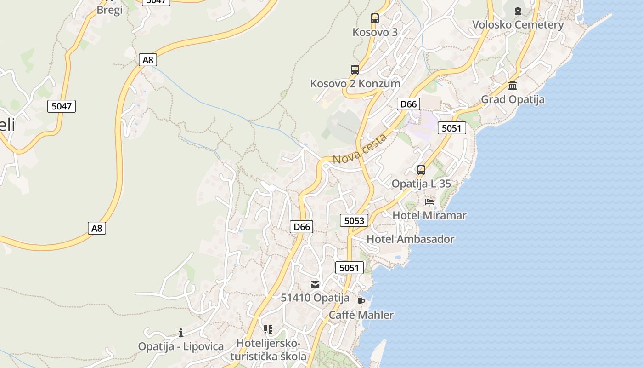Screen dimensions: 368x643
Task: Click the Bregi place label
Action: [x=109, y=10]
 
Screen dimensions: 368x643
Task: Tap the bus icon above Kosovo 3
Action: [x=375, y=18]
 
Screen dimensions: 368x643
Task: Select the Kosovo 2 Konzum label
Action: [x=355, y=84]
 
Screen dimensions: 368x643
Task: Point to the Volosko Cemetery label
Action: [x=518, y=25]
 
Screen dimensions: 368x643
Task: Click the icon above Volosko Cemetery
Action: [x=518, y=11]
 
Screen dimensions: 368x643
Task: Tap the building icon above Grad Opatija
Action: [x=513, y=86]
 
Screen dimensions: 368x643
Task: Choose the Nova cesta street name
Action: [x=360, y=149]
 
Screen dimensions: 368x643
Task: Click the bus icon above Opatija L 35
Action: [x=421, y=170]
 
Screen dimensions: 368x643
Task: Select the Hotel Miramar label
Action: [x=429, y=215]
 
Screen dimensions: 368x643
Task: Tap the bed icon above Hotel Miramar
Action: [x=429, y=201]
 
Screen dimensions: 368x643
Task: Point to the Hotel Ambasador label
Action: [x=410, y=239]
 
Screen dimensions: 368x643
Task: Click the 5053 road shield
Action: [x=354, y=221]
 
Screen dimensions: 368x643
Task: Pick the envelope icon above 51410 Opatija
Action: [x=315, y=284]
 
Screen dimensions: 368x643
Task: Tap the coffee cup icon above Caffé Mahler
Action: [x=361, y=301]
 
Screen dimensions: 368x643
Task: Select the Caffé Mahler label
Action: [x=361, y=315]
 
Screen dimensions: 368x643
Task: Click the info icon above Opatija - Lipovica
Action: [x=181, y=333]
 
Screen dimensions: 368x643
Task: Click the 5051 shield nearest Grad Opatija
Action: [x=451, y=128]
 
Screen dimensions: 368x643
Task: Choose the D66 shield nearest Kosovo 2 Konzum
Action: [x=408, y=104]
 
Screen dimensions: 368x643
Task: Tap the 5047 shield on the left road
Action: [x=62, y=106]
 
